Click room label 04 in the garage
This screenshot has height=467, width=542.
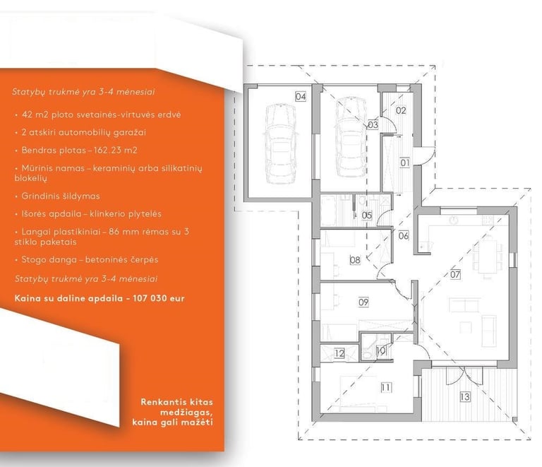(x=301, y=97)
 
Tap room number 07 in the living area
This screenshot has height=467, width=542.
(x=455, y=274)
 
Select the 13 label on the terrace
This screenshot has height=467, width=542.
(x=465, y=396)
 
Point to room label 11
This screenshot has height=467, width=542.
(x=386, y=387)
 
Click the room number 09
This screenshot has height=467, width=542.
(x=363, y=302)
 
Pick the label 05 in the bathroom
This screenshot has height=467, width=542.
(x=367, y=215)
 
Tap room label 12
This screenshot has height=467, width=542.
(x=339, y=353)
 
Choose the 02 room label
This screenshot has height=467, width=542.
(x=401, y=111)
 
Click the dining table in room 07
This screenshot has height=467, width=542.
(x=488, y=256)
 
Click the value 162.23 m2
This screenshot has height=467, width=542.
(x=116, y=150)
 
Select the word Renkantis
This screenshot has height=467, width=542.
(x=162, y=402)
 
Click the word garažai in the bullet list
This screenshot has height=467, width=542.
(x=132, y=133)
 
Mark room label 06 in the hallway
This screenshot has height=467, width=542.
(x=404, y=236)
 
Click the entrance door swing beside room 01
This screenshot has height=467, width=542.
(x=427, y=155)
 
